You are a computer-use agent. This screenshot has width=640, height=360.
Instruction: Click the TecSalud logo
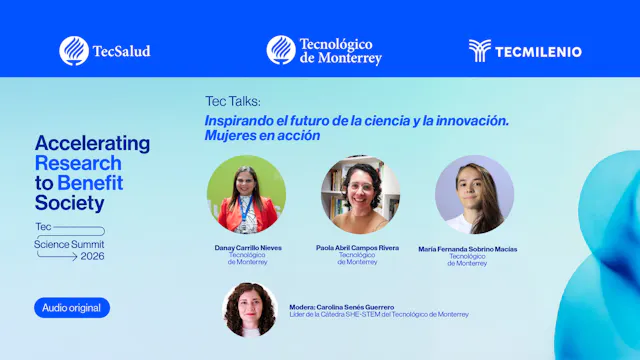(105, 51)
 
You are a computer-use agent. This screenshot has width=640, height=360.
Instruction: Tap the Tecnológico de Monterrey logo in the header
(324, 51)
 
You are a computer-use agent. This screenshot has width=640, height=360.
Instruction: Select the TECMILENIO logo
(525, 51)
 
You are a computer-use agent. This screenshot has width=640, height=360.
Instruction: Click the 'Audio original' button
(72, 308)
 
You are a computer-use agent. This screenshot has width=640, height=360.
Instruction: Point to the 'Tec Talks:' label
(232, 102)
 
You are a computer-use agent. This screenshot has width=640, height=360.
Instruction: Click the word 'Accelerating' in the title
(92, 143)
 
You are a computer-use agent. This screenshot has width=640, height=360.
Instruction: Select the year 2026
(93, 256)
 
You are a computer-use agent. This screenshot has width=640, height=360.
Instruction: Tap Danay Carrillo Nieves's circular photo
(246, 195)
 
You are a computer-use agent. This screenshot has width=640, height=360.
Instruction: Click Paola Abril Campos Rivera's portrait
(360, 195)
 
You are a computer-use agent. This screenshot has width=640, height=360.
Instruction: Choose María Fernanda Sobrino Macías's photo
(475, 195)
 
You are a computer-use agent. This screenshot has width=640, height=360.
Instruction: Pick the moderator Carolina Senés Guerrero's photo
(249, 309)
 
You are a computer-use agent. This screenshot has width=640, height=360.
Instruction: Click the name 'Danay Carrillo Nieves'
(246, 248)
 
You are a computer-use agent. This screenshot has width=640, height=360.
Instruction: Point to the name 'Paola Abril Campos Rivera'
(357, 248)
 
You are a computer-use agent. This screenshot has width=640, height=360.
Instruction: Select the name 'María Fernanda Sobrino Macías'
(468, 249)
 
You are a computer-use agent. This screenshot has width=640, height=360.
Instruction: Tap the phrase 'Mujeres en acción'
(262, 135)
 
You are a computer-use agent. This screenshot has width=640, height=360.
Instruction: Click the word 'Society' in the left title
(69, 203)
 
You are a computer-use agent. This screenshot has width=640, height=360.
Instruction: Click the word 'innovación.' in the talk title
(471, 120)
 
